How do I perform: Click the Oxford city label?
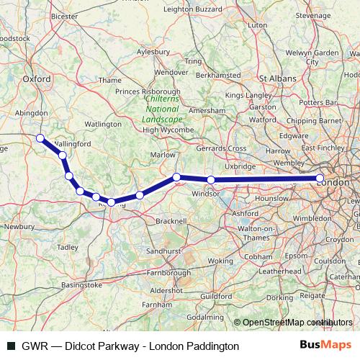(x=36, y=79)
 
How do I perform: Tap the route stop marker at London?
(x=320, y=179)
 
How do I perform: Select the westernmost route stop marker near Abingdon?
(x=40, y=138)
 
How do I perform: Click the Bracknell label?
(x=171, y=220)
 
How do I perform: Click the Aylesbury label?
(x=153, y=52)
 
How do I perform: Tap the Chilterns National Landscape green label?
(x=159, y=109)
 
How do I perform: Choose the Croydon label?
(x=338, y=239)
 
